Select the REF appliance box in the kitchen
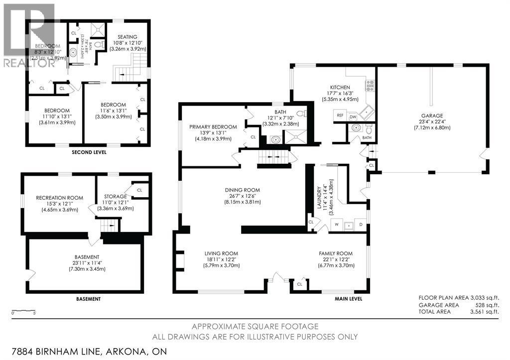point(340,116)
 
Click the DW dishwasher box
point(353,117)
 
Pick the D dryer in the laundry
point(361,225)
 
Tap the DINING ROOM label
point(243,190)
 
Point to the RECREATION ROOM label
point(59,198)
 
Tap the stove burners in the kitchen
point(370,86)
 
